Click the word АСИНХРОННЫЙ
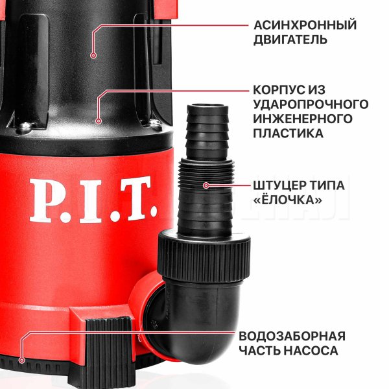[x=305, y=25]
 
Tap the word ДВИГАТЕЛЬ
[x=290, y=40]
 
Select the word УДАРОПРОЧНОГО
[x=311, y=104]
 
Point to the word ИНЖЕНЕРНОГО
[x=303, y=119]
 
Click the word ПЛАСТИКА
[x=289, y=133]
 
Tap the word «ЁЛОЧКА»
[x=287, y=200]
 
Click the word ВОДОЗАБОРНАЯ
[x=292, y=336]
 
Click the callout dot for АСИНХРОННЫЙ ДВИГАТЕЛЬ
[x=93, y=55]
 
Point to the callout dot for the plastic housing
[x=99, y=121]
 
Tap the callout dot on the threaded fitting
[x=206, y=185]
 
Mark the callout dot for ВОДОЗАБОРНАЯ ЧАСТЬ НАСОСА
[x=22, y=360]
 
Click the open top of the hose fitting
[x=207, y=106]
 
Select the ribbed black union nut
[x=204, y=257]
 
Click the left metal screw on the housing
[x=25, y=126]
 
